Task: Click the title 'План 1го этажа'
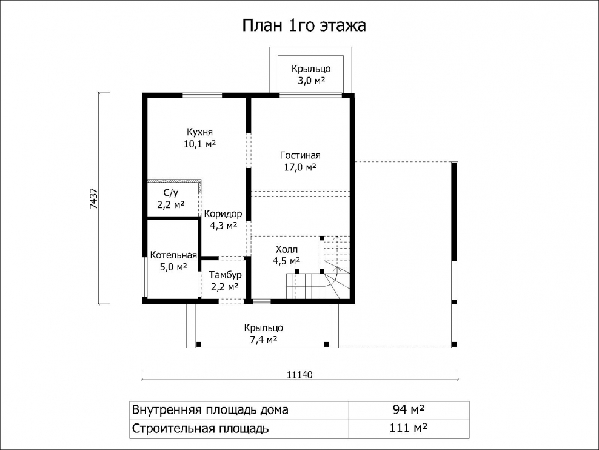(x=304, y=25)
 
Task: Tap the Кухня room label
(x=200, y=138)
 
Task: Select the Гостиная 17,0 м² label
(x=300, y=161)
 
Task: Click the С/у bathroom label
(x=171, y=199)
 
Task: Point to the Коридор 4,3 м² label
(x=223, y=220)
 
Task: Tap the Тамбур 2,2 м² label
(x=225, y=281)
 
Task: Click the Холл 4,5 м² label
(x=286, y=255)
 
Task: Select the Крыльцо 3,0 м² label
(x=311, y=75)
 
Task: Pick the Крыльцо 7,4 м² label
(x=264, y=334)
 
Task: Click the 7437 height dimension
(x=94, y=199)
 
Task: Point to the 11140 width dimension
(x=299, y=375)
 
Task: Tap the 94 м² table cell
(x=409, y=410)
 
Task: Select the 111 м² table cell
(x=409, y=429)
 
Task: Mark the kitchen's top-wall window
(x=202, y=95)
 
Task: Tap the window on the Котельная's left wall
(x=144, y=277)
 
